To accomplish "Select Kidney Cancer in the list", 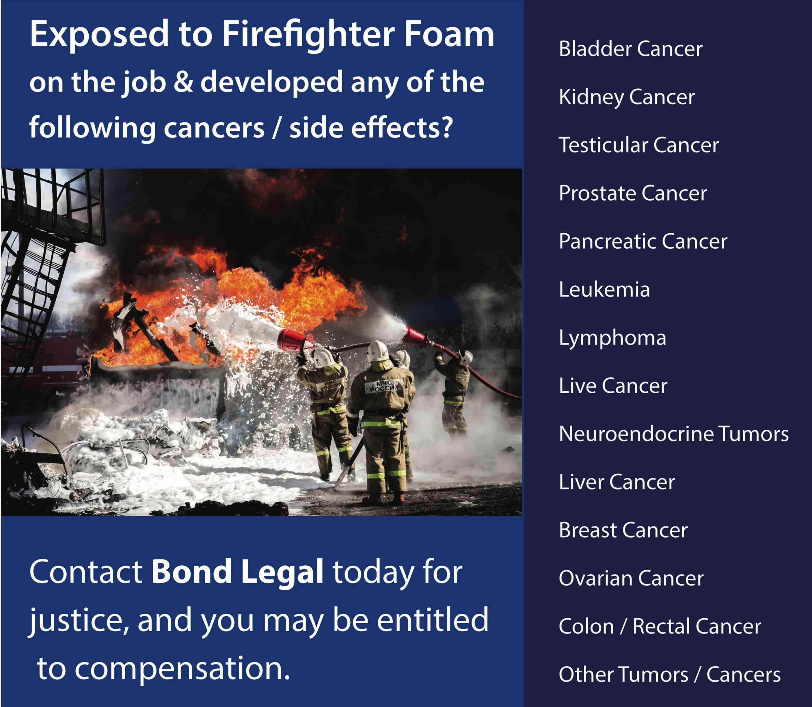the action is click(627, 97).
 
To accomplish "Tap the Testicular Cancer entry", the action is click(639, 145).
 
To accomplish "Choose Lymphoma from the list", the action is click(612, 338).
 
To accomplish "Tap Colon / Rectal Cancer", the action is click(660, 626).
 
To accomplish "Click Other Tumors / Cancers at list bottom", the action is click(670, 674).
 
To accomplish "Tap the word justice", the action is click(79, 620).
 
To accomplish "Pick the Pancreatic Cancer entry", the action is click(643, 241).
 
